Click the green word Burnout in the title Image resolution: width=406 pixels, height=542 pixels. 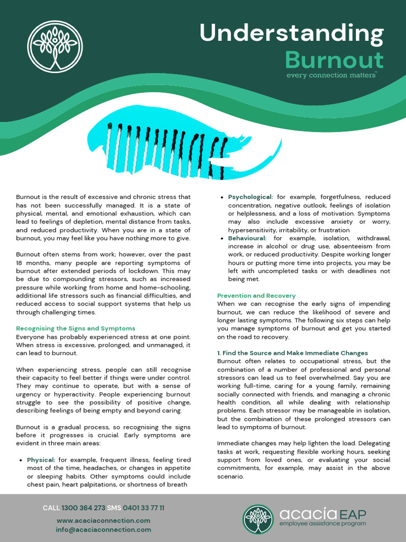[334, 60]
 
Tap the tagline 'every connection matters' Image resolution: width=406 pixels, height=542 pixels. [331, 75]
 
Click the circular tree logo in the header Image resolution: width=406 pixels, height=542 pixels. [55, 47]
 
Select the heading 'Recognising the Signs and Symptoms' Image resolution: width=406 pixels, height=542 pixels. [76, 329]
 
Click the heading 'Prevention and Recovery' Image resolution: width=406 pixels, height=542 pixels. [256, 296]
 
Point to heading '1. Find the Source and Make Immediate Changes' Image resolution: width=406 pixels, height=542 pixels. [292, 353]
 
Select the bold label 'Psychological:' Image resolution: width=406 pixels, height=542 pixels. [251, 197]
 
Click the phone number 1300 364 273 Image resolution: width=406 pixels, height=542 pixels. [84, 508]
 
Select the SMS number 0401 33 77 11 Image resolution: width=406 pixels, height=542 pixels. [144, 508]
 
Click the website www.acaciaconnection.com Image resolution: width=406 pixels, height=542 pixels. [104, 521]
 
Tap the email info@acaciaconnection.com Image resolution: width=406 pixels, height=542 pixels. [104, 530]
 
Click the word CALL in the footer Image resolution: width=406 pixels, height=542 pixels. [51, 508]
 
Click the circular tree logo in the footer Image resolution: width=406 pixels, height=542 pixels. [258, 519]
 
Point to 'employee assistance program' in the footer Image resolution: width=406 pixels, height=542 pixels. [322, 524]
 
